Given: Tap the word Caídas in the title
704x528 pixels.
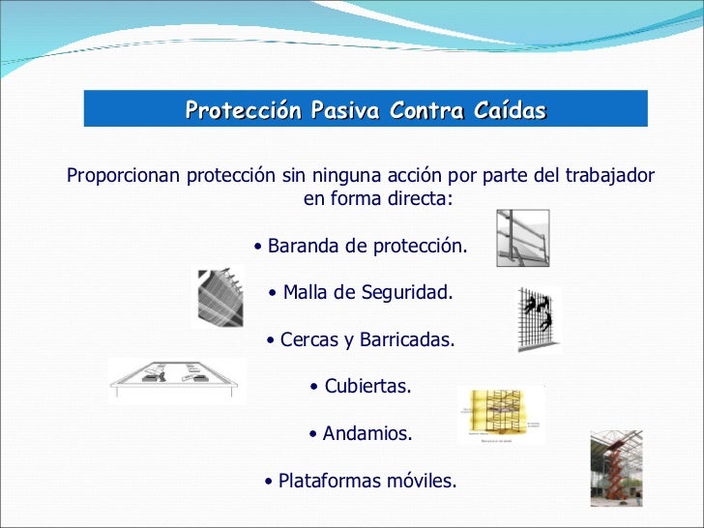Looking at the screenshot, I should [x=510, y=110].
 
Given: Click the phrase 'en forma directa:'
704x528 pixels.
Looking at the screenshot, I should [x=377, y=200].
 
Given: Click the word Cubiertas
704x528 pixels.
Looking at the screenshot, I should [x=367, y=387].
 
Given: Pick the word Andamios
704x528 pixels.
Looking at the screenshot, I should [x=367, y=434].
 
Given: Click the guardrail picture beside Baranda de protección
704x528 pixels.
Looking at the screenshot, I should [x=521, y=238].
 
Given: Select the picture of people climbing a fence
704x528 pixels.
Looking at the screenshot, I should [x=539, y=317].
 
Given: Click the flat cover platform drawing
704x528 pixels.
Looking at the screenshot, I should [x=177, y=378].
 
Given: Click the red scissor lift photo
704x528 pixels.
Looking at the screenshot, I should [x=616, y=468].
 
